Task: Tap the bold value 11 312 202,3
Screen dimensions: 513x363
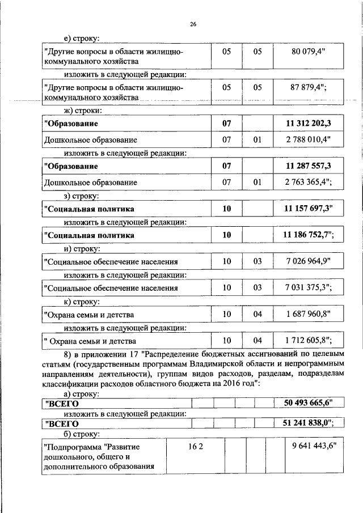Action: coord(308,124)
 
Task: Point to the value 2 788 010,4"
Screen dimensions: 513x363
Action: coord(309,139)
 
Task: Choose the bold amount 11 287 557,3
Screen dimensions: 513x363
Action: coord(308,166)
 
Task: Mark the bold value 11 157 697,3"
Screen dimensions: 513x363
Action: coord(309,209)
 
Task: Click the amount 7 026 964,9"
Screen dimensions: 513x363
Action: coord(309,261)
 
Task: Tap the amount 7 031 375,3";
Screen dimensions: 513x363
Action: coord(309,287)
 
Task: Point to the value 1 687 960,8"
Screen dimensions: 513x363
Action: coord(309,313)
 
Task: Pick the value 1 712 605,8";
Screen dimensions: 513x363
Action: coord(309,340)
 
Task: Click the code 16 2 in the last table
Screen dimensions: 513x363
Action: coord(196,447)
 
